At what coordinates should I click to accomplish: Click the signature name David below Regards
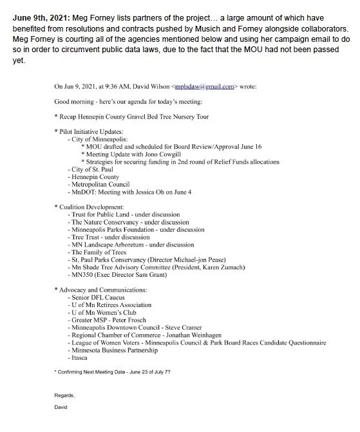(x=61, y=408)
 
